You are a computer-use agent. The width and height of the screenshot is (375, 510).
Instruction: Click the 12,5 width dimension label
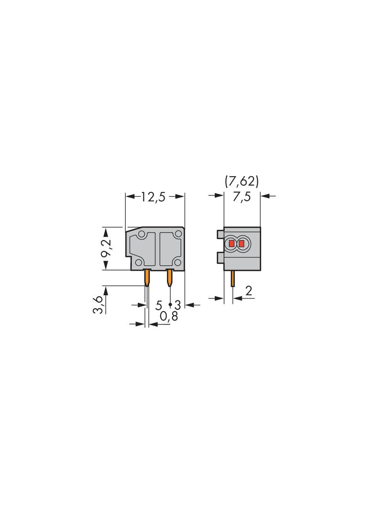click(153, 197)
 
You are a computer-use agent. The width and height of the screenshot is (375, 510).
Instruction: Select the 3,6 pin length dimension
click(98, 305)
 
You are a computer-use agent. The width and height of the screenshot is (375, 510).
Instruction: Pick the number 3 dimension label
click(177, 305)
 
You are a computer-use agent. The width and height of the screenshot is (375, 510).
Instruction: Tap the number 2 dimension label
click(248, 290)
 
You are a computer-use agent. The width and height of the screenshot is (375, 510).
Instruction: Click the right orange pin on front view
click(169, 277)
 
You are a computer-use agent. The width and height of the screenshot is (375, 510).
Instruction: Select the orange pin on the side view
click(232, 278)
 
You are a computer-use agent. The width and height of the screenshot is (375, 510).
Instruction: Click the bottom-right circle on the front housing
click(177, 262)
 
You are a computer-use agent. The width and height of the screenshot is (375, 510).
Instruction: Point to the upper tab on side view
click(220, 234)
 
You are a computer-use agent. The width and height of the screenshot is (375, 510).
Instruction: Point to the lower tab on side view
click(220, 258)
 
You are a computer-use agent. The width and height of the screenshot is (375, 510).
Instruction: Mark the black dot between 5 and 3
click(170, 305)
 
